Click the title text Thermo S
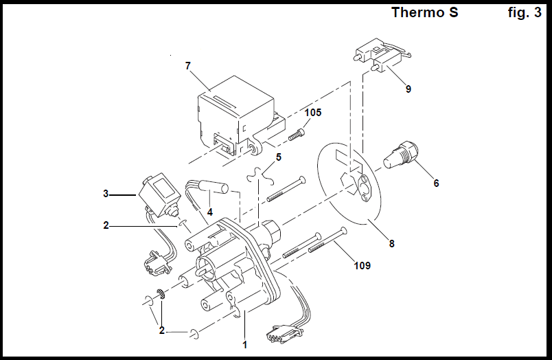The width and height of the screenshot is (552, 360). [424, 12]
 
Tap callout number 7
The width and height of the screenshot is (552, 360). [187, 66]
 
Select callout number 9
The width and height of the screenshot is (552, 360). [408, 89]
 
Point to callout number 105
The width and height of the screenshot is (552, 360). [313, 113]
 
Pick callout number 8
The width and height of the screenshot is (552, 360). [391, 243]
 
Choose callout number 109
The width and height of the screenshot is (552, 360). [361, 265]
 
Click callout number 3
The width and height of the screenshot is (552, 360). [106, 194]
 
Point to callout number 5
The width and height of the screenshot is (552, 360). [278, 157]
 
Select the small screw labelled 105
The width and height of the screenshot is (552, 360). [297, 133]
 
